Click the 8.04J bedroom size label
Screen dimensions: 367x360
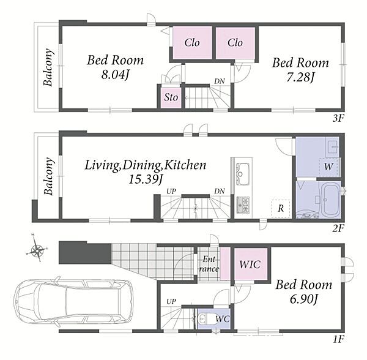pos(115,75)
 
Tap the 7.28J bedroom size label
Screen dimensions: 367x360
pos(300,77)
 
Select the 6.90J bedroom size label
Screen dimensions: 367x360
pos(304,299)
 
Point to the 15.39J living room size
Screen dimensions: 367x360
pos(146,179)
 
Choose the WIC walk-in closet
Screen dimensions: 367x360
pos(251,264)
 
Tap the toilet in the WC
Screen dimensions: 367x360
pos(203,318)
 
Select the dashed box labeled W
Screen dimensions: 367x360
pos(328,167)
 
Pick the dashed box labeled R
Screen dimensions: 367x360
pos(281,208)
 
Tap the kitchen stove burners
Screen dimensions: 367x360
pos(243,206)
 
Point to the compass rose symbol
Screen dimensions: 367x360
pos(37,250)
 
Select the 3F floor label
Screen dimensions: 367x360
pos(338,119)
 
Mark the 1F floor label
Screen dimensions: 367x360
pos(338,339)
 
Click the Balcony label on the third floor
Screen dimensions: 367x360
pos(48,67)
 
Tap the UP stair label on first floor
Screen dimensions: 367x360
pos(171,301)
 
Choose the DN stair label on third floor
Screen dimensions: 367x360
pos(220,81)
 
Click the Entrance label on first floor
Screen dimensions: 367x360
pos(209,264)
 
